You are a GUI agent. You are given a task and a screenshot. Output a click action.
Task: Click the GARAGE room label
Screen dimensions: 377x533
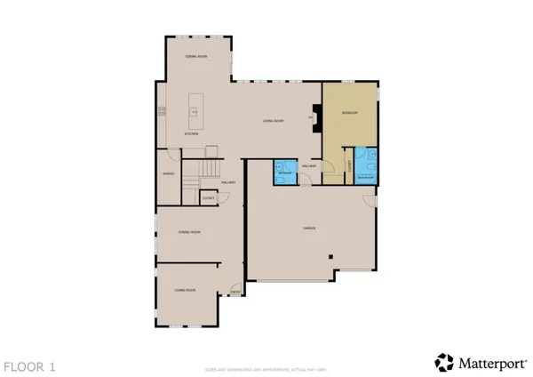[x=310, y=229]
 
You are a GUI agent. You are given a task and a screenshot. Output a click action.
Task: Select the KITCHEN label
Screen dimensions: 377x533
[x=191, y=134]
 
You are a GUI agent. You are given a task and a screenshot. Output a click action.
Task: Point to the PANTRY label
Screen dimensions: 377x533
[x=169, y=173]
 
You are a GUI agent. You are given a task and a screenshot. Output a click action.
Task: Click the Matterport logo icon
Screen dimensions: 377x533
[x=444, y=362]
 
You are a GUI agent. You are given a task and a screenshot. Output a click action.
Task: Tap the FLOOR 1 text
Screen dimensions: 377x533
[x=29, y=365]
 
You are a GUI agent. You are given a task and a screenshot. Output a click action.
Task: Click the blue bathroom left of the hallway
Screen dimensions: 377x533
[x=285, y=171]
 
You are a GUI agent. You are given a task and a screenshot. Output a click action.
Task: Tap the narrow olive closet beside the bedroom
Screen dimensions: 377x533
[x=350, y=164]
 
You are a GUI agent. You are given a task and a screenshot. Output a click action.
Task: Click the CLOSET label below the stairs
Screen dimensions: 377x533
[x=207, y=197]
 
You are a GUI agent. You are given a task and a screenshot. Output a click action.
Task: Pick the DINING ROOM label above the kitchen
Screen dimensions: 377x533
[x=195, y=56]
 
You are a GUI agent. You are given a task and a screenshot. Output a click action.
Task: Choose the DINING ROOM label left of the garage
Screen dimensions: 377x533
[x=188, y=232]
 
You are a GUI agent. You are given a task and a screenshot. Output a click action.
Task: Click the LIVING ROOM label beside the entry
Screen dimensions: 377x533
[x=185, y=291]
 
